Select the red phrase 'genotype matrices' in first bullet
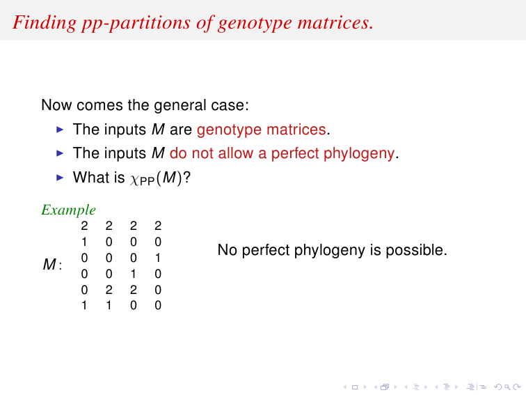click(262, 130)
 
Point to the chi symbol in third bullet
click(134, 178)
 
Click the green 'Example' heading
click(68, 210)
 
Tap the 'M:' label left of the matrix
click(52, 264)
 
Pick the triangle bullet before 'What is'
click(60, 178)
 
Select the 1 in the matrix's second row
click(84, 242)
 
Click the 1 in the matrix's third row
click(158, 258)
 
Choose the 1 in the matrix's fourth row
click(133, 274)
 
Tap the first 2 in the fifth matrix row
click(109, 290)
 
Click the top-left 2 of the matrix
click(84, 226)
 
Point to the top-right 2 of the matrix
click(158, 226)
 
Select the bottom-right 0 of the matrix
click(158, 305)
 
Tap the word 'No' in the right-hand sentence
click(228, 250)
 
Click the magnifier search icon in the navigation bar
click(507, 387)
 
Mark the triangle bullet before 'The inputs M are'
click(60, 130)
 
